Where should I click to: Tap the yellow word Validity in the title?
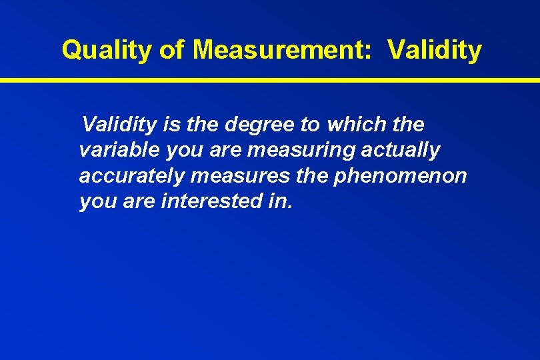[434, 50]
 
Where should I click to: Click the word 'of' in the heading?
[172, 50]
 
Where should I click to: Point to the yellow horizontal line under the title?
[270, 80]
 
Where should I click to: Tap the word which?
[353, 125]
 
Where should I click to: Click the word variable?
[119, 151]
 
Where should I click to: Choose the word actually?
[401, 151]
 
